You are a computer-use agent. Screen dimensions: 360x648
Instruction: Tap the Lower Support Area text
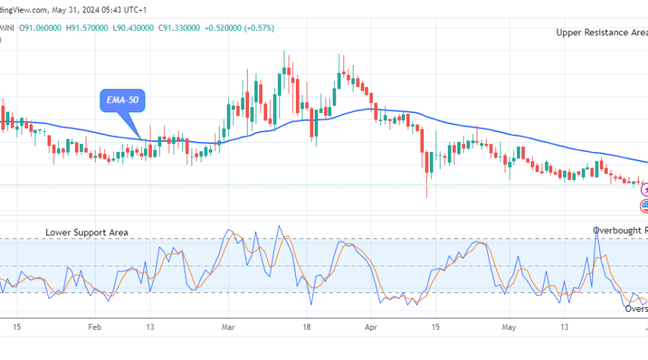tap(87, 233)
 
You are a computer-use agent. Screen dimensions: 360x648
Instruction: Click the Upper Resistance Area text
tap(601, 32)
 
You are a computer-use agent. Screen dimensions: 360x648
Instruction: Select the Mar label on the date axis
tap(228, 325)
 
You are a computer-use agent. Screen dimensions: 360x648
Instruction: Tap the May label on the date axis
tap(508, 325)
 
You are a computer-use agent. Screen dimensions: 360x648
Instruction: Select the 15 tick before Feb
tap(17, 325)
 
